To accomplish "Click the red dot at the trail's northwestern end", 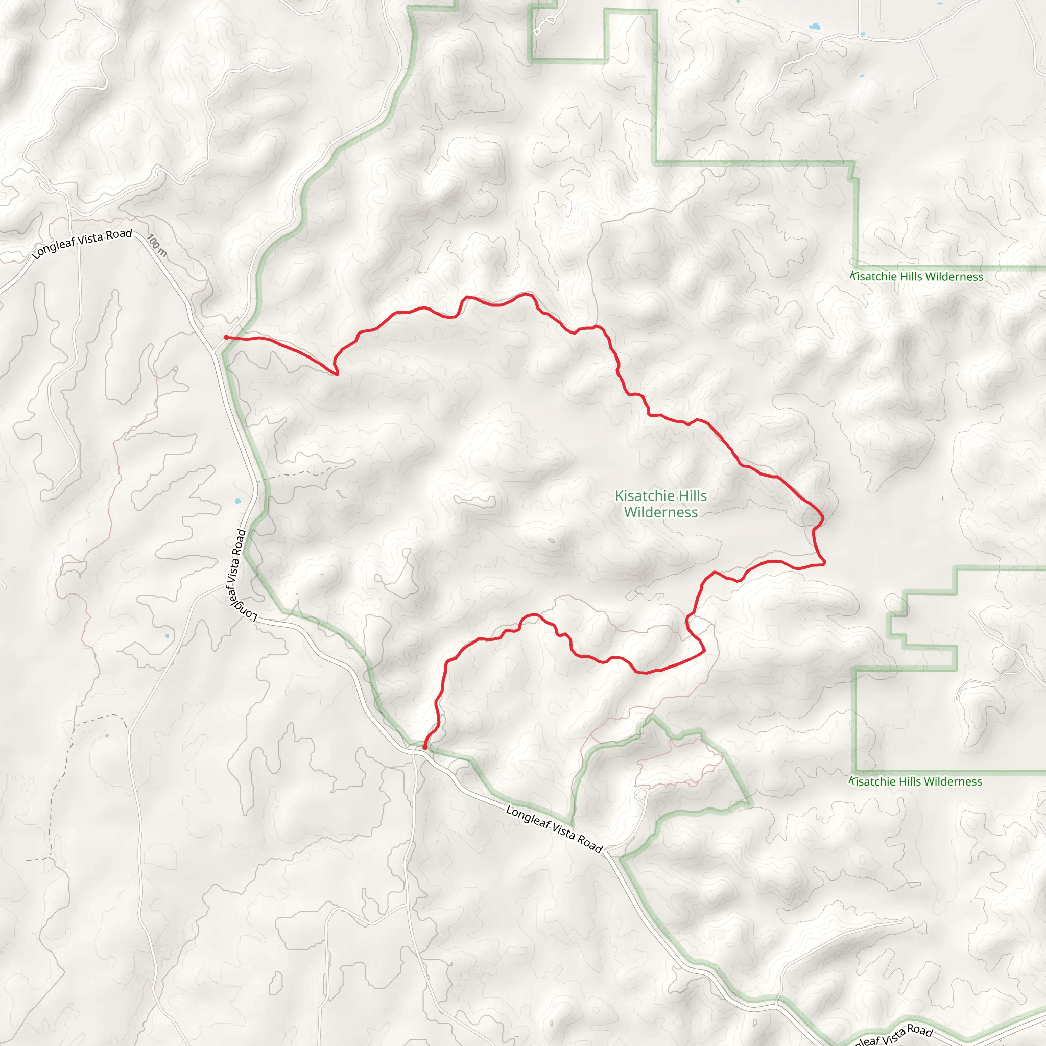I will pyautogui.click(x=226, y=337).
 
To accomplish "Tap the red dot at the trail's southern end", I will pyautogui.click(x=425, y=748).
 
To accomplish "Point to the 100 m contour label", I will pyautogui.click(x=156, y=245).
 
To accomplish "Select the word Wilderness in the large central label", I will pyautogui.click(x=660, y=512).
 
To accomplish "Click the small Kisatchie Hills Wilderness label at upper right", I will pyautogui.click(x=916, y=277).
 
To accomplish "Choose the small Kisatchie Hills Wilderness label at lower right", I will pyautogui.click(x=915, y=782).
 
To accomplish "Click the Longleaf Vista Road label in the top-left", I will pyautogui.click(x=82, y=244).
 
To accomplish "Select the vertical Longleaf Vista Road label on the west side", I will pyautogui.click(x=238, y=574).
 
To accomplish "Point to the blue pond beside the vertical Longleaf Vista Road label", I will pyautogui.click(x=237, y=502).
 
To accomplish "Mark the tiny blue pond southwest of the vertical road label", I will pyautogui.click(x=168, y=635).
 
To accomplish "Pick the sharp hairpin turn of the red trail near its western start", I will pyautogui.click(x=337, y=374).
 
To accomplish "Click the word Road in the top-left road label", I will pyautogui.click(x=119, y=235).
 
